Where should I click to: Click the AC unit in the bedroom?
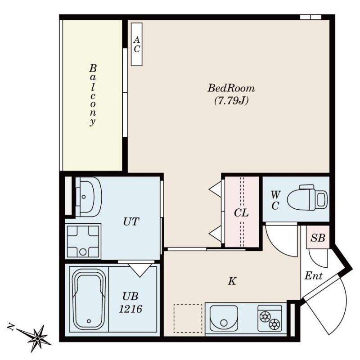point(137,44)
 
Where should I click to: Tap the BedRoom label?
point(231,88)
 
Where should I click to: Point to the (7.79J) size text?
point(231,100)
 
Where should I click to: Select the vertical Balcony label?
point(93,95)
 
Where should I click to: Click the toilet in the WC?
point(307,197)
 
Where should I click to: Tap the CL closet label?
point(241,213)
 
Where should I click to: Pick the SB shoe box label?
point(318,238)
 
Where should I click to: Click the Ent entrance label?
point(314,275)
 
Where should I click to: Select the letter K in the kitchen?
point(232,281)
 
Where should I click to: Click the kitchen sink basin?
point(224,318)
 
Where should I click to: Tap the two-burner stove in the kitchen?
point(270,318)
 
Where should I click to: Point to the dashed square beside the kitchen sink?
point(188,319)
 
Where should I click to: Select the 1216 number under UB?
point(130,309)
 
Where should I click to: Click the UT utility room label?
point(131,222)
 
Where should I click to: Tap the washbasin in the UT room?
point(88,197)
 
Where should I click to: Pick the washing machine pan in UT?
point(83,241)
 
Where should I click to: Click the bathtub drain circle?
point(89,321)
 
